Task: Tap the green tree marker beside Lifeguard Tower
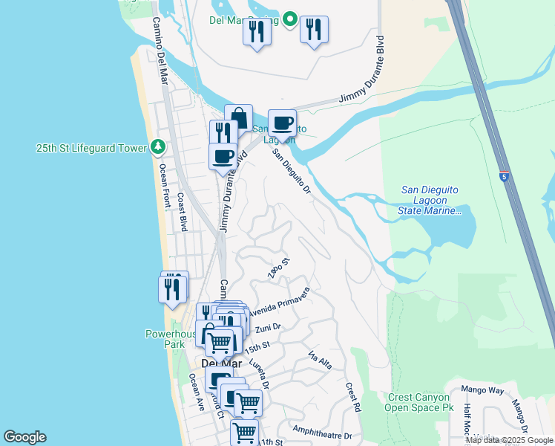click(157, 147)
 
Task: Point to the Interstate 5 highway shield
click(505, 177)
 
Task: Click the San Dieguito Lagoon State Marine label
click(430, 201)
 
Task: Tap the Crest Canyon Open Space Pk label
click(420, 402)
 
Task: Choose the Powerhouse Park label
click(171, 339)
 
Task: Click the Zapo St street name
click(278, 269)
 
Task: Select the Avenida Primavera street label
click(279, 300)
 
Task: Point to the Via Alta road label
click(319, 360)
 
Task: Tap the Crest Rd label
click(352, 397)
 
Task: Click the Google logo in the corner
click(24, 437)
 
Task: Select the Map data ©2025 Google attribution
click(510, 440)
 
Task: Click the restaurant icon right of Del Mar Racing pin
click(315, 30)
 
